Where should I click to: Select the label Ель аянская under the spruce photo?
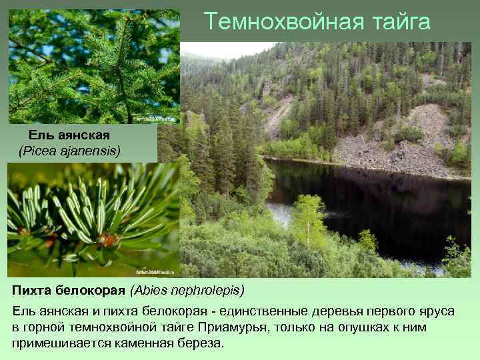coord(69,136)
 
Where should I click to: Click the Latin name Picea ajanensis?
coord(69,151)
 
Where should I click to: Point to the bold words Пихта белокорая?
coord(69,291)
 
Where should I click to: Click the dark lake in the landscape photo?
coord(373,200)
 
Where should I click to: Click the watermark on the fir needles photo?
coord(155,272)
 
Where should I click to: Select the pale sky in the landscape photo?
coord(220,49)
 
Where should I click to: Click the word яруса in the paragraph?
coord(437,312)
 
